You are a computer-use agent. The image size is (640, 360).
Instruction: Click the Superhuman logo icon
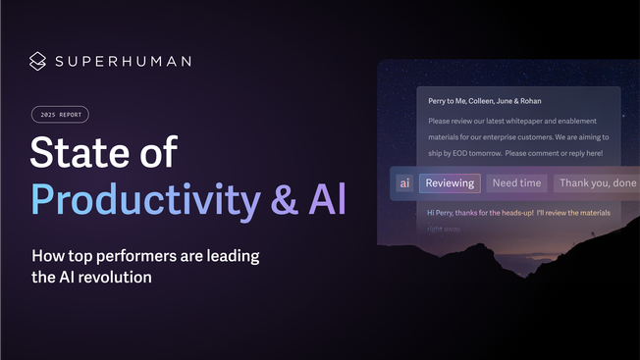[37, 61]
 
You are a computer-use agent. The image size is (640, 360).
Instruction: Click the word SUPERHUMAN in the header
[124, 61]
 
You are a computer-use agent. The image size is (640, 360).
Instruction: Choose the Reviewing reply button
[450, 182]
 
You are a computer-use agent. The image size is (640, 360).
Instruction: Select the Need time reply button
[516, 182]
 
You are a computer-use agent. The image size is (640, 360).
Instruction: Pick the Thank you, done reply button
[597, 182]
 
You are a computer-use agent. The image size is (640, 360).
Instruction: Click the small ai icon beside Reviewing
[404, 182]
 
